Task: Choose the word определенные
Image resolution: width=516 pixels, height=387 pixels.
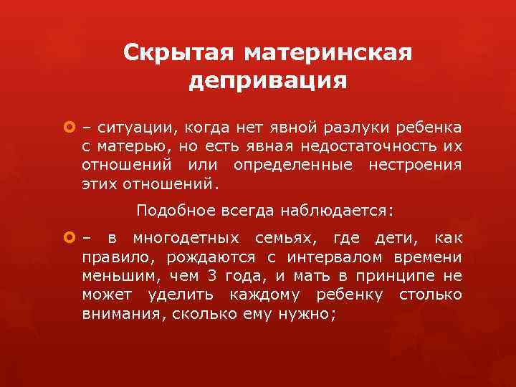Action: coord(293,166)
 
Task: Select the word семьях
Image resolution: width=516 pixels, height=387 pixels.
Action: coord(292,239)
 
